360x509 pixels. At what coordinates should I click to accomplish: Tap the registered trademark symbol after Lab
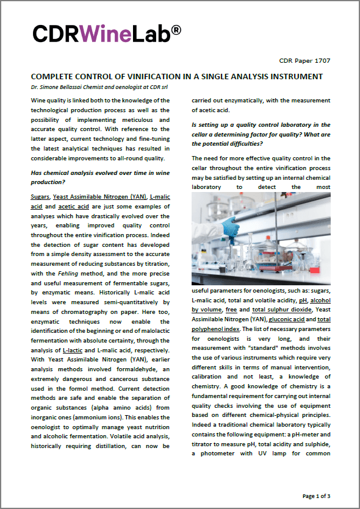176,28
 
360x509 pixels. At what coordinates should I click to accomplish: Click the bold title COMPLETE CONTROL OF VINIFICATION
177,76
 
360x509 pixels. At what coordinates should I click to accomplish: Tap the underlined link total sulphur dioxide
275,309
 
